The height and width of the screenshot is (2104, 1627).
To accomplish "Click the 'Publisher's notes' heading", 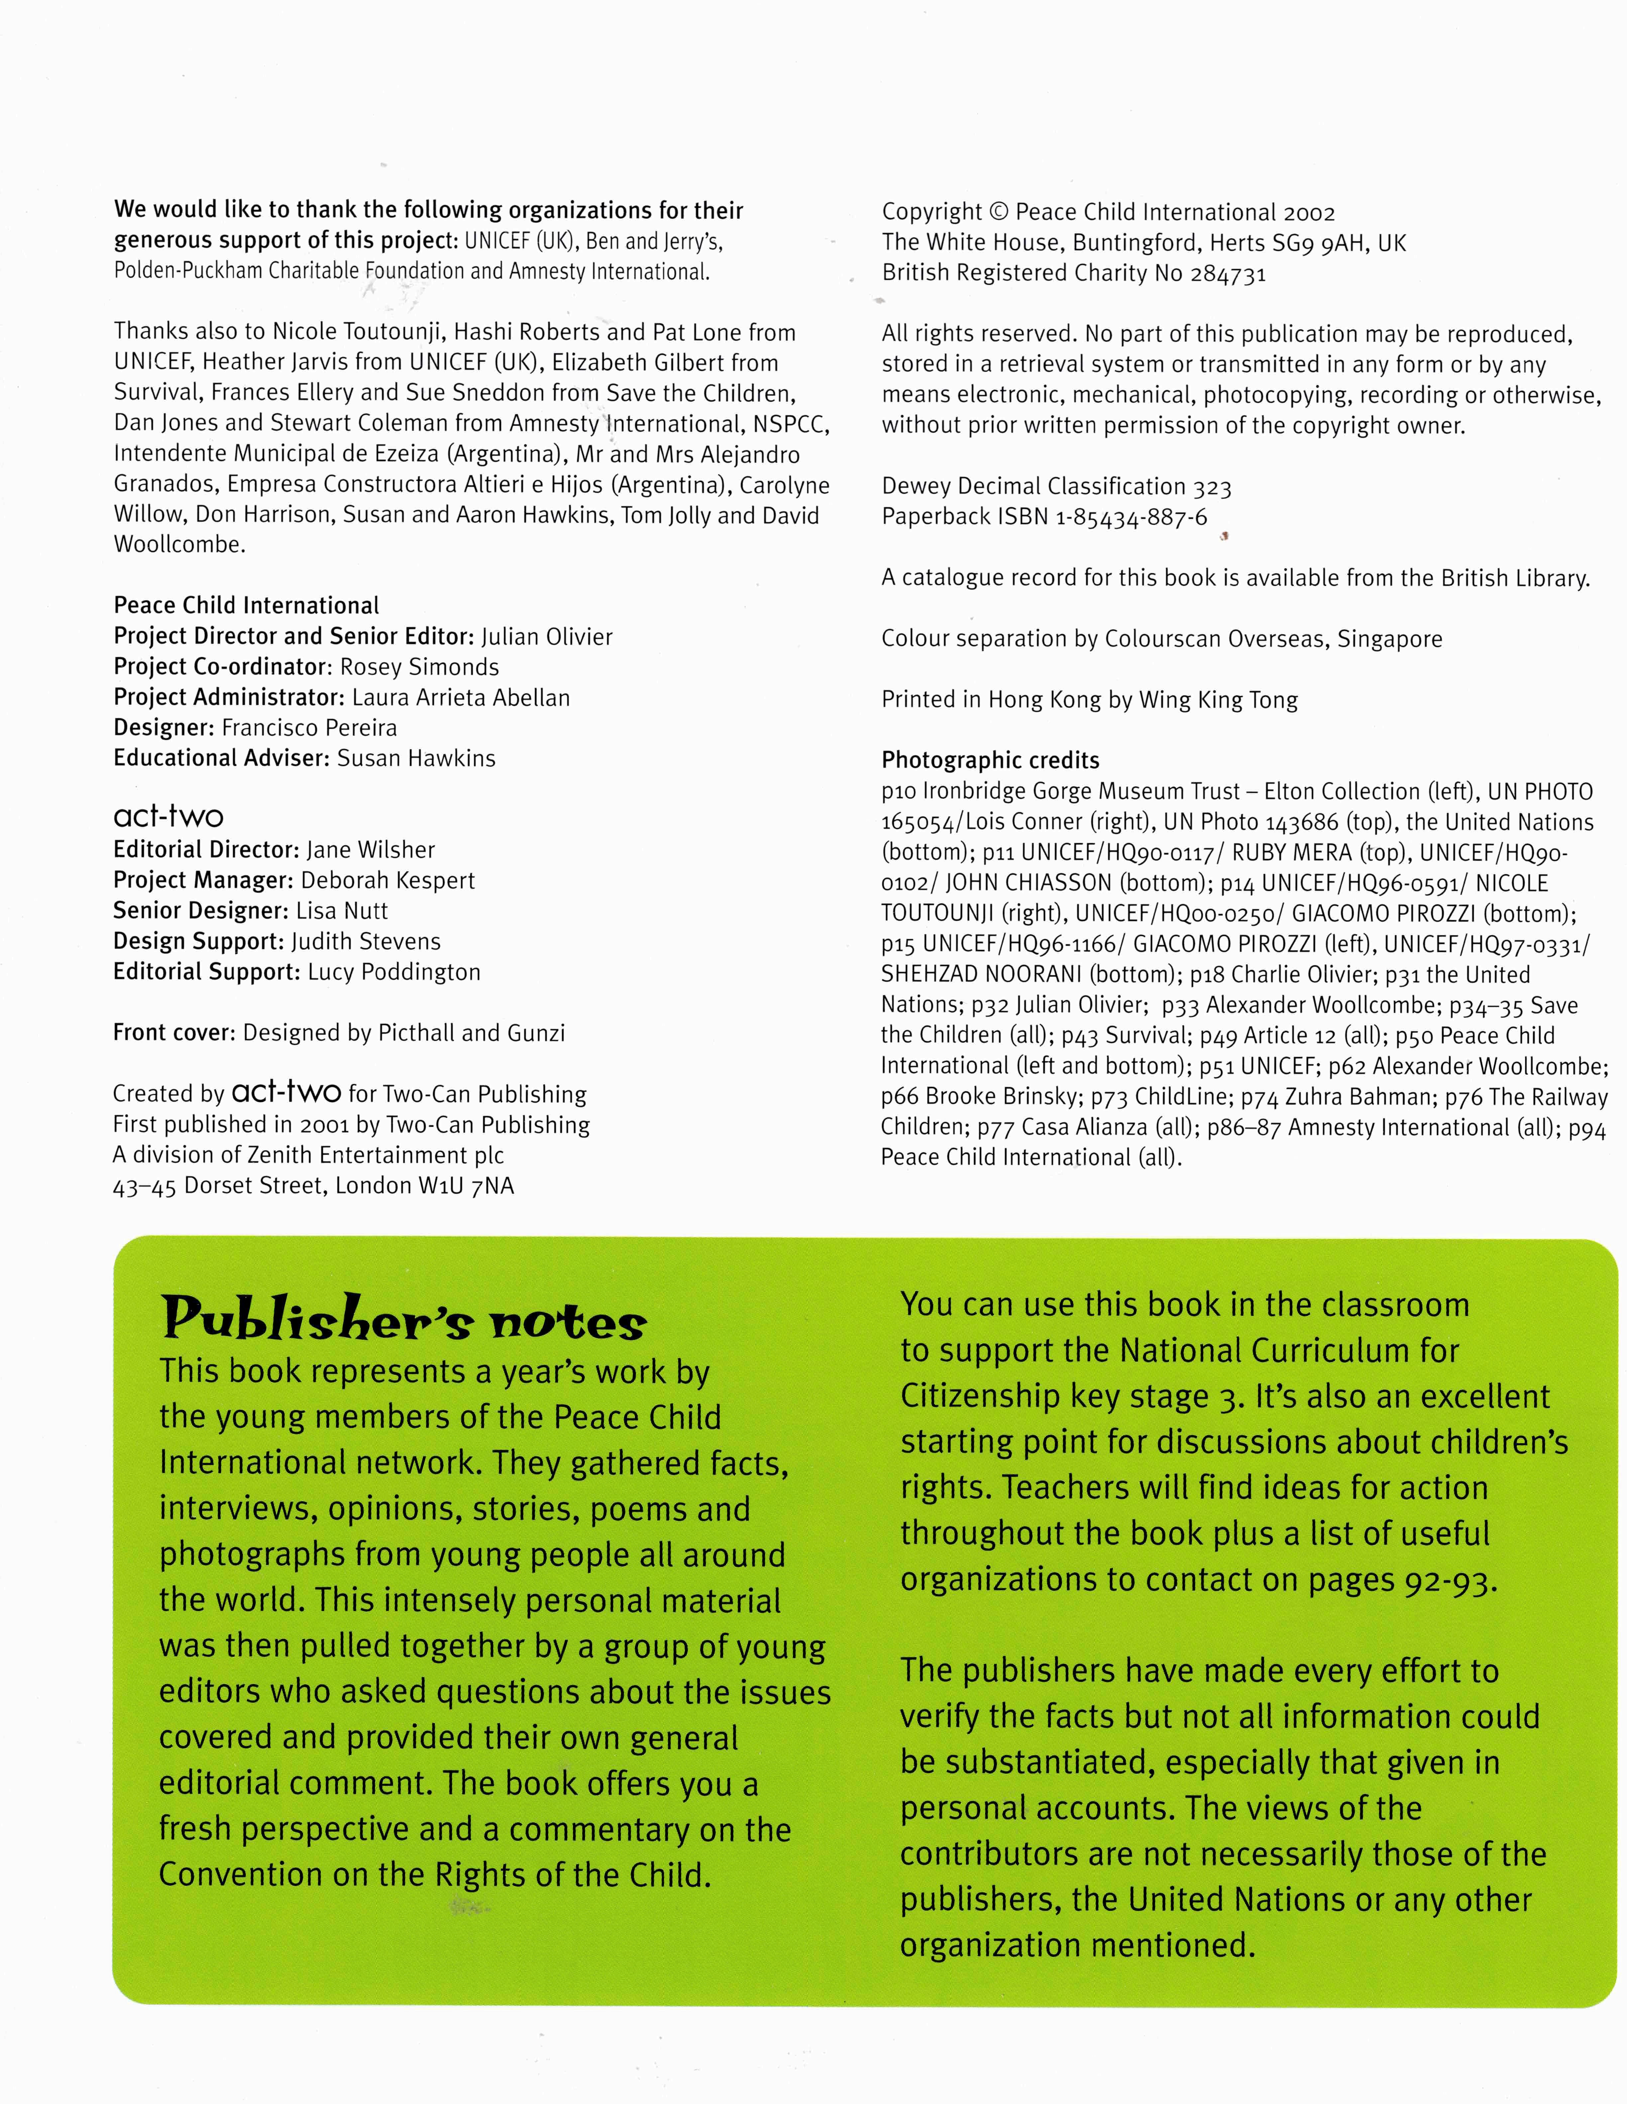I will point(403,1320).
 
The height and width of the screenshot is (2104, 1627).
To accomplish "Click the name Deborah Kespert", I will point(387,881).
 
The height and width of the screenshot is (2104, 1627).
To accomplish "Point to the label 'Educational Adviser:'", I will point(222,758).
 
